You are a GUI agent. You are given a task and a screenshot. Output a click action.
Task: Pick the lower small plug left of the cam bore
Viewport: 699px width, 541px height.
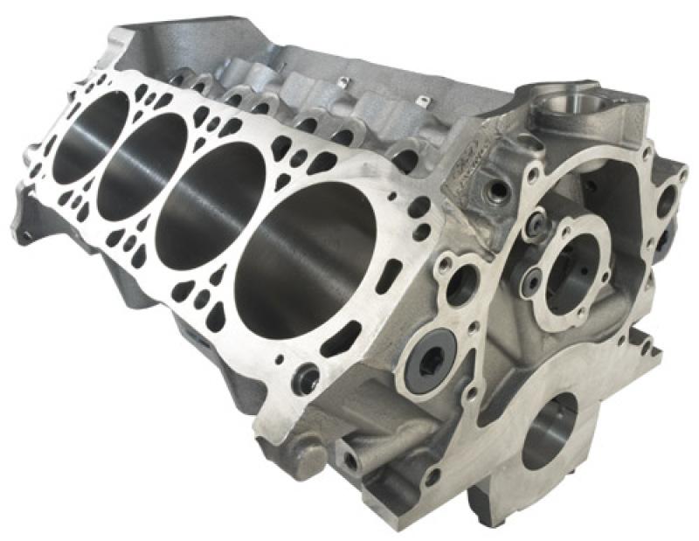(529, 280)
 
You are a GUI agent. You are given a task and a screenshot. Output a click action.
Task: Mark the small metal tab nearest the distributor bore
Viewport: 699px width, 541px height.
(420, 101)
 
